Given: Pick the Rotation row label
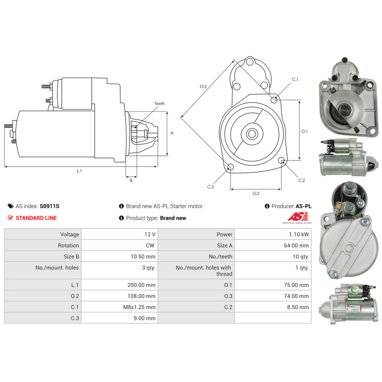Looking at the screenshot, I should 68,246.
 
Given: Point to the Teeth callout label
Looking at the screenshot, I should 160,104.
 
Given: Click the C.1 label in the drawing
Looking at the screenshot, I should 295,79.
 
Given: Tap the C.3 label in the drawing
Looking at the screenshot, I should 210,187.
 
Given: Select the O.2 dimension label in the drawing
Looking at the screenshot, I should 256,194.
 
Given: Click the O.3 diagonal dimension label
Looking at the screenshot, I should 203,87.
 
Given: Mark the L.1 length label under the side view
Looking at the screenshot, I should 79,171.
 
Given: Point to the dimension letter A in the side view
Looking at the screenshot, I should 172,133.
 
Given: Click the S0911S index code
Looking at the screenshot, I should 50,206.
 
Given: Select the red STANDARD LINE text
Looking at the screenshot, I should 36,218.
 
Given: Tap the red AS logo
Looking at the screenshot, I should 295,217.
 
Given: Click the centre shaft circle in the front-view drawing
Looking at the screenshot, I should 252,134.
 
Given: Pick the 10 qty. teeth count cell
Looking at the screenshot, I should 301,257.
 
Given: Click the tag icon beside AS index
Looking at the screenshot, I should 11,206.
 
